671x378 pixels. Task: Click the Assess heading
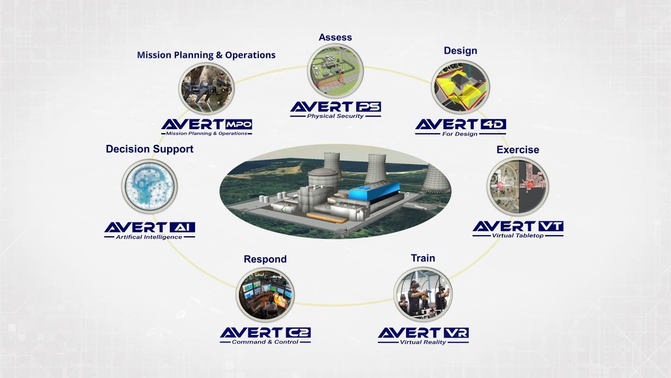[335, 37]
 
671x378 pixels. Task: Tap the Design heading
[460, 51]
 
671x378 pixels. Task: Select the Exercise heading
[517, 150]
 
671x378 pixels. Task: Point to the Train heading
[423, 258]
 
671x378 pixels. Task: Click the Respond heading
[265, 259]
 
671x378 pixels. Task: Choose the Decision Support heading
[149, 149]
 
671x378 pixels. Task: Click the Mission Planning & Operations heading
[206, 55]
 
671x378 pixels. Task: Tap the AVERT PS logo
[335, 108]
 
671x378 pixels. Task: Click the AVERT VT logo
[518, 228]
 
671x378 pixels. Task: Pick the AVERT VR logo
[423, 334]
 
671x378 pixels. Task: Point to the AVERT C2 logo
[265, 334]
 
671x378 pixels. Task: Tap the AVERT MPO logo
[207, 126]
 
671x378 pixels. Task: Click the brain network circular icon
[149, 186]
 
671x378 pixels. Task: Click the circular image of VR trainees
[423, 294]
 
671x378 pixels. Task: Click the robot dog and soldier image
[206, 89]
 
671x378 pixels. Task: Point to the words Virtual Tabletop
[517, 236]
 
